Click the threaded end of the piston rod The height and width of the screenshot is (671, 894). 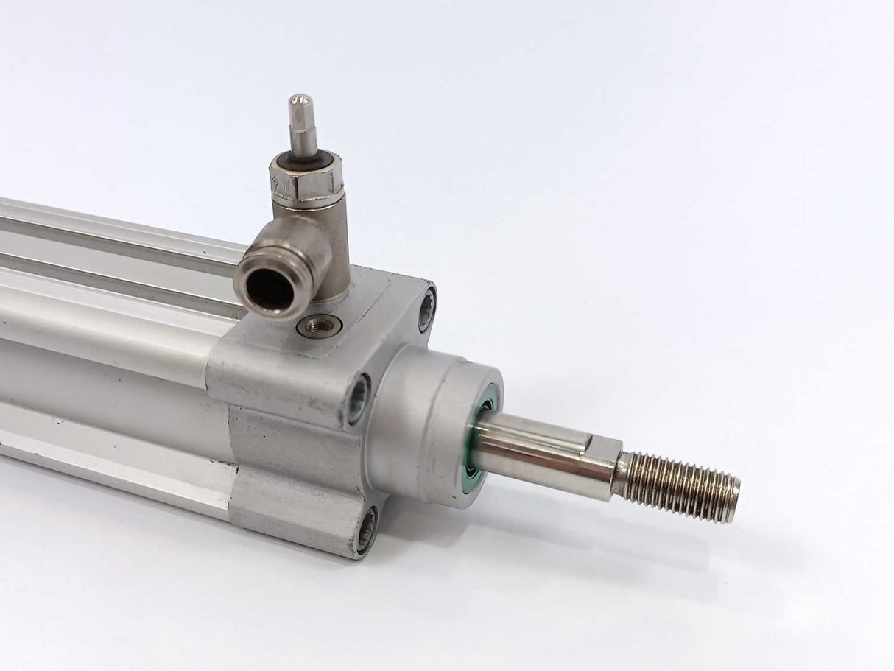677,485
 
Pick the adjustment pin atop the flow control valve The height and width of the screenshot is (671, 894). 300,122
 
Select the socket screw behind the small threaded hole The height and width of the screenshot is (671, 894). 427,310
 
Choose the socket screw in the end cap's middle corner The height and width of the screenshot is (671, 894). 359,398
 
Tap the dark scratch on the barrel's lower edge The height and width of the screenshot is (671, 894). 55,421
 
